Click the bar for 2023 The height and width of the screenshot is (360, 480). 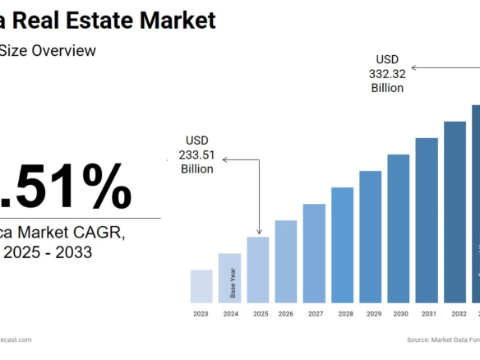201,286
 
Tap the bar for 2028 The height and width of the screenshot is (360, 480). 343,245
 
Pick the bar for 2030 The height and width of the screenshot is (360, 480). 399,228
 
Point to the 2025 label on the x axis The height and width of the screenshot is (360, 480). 260,314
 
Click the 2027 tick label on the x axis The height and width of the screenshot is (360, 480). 314,314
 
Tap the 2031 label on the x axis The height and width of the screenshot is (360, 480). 427,314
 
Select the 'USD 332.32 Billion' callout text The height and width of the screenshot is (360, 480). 386,73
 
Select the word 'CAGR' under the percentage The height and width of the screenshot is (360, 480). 103,233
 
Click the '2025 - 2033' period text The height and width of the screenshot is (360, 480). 48,252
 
